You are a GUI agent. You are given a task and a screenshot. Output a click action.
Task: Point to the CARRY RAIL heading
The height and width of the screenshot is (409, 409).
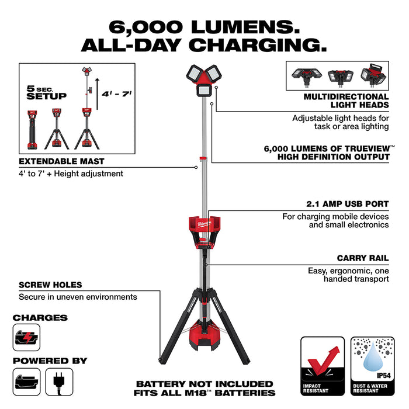[x=362, y=258]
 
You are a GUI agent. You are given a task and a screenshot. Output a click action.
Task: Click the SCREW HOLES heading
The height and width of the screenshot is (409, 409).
[x=50, y=285]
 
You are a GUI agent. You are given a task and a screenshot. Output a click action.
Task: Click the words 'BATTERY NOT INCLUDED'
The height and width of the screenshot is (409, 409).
[x=204, y=384]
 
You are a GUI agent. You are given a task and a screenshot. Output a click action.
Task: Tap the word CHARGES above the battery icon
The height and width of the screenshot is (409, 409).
[x=40, y=318]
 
